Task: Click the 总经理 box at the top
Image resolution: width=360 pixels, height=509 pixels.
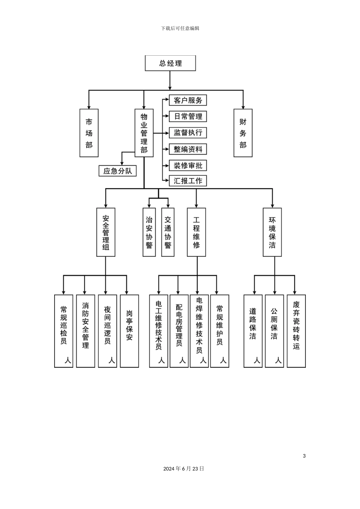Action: pos(170,63)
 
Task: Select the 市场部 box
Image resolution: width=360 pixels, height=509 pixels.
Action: pos(89,133)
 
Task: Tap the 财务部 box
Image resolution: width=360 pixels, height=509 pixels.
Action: pos(243,133)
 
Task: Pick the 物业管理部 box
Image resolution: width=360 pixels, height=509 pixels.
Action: pos(144,133)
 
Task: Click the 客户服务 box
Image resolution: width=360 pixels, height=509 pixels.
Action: pos(188,100)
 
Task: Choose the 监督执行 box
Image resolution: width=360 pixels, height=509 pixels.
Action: pos(188,133)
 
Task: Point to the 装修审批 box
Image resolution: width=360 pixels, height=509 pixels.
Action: pos(188,166)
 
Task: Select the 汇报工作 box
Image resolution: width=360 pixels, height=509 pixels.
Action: pos(188,181)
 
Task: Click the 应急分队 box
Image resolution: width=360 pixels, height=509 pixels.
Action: pos(117,171)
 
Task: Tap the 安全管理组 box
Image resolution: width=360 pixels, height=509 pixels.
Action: pos(106,232)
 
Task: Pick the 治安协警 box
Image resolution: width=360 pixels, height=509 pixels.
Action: pos(149,232)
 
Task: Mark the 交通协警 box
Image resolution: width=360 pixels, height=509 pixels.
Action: pos(168,232)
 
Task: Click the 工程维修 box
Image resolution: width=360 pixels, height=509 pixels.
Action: pos(196,232)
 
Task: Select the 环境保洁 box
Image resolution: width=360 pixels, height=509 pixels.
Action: pos(272,232)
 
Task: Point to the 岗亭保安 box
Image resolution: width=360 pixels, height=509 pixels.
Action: pos(130,331)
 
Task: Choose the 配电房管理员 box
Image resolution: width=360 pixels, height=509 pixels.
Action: pos(179,331)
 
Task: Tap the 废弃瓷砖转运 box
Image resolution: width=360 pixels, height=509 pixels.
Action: pos(296,331)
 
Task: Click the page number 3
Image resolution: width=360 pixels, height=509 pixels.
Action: pos(304,456)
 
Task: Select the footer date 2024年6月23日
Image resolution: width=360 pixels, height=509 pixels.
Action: pos(184,468)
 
